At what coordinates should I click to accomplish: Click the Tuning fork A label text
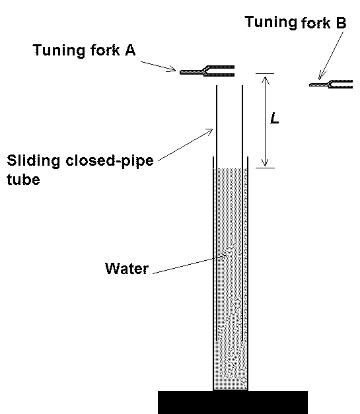pyautogui.click(x=84, y=51)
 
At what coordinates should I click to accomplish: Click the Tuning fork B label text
pyautogui.click(x=295, y=22)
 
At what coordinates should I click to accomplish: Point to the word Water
pyautogui.click(x=127, y=269)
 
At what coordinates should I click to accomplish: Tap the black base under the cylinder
pyautogui.click(x=233, y=401)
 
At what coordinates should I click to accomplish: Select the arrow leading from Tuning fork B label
pyautogui.click(x=331, y=55)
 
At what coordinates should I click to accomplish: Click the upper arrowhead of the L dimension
pyautogui.click(x=264, y=79)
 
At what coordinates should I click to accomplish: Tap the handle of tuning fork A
pyautogui.click(x=192, y=71)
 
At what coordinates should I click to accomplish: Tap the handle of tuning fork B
pyautogui.click(x=320, y=84)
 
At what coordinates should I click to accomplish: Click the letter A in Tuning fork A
pyautogui.click(x=129, y=51)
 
